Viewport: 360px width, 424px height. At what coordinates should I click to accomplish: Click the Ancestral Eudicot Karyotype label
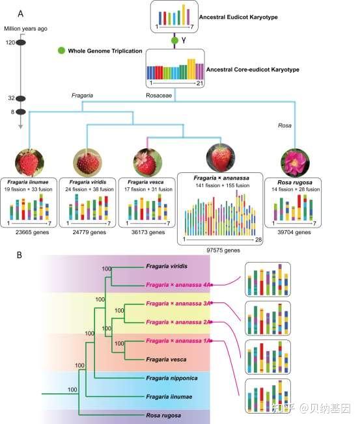(238, 17)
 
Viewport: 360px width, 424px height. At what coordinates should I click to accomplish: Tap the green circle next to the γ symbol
(175, 40)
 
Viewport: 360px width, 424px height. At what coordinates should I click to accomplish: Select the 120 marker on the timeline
(21, 42)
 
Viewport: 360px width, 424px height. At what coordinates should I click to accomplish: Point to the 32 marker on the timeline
(21, 98)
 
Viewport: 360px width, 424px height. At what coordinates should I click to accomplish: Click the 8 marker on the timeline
(21, 112)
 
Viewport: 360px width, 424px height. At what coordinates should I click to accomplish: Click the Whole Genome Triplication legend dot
(62, 51)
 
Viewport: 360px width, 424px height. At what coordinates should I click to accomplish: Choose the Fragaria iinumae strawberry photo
(29, 163)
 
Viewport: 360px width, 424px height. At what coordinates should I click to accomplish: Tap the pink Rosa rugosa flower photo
(295, 163)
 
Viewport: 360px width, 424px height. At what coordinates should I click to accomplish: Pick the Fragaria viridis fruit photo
(87, 163)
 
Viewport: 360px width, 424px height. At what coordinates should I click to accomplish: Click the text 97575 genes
(223, 250)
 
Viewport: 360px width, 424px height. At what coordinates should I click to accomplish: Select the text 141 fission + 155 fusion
(223, 185)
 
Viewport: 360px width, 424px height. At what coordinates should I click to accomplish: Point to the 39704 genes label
(294, 232)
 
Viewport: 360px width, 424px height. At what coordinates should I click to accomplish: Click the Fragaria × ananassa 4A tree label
(178, 285)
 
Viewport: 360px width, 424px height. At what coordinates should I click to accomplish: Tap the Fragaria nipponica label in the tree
(172, 378)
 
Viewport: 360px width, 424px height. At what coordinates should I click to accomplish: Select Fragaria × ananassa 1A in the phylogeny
(178, 341)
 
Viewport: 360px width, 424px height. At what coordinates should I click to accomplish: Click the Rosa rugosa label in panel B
(163, 416)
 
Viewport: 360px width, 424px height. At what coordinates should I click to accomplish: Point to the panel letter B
(20, 255)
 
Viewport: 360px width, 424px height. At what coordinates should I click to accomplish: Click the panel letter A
(21, 14)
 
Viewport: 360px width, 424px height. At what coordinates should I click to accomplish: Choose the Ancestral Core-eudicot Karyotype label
(253, 70)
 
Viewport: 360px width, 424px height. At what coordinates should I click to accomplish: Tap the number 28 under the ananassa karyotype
(258, 239)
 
